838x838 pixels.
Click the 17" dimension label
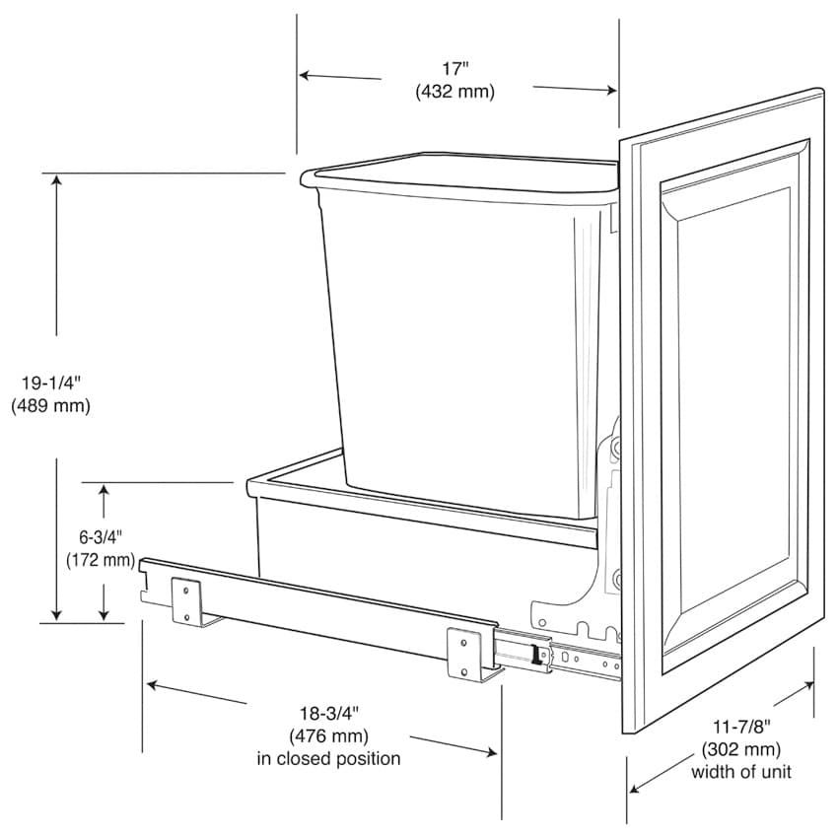point(454,69)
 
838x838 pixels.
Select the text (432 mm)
point(454,92)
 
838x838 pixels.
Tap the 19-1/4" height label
point(50,383)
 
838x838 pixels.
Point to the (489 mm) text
point(50,405)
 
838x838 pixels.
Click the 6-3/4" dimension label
point(101,536)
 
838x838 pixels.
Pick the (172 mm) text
point(101,560)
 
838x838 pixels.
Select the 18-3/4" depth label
point(328,713)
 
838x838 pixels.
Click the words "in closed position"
point(328,758)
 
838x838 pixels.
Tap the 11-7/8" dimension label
point(741,727)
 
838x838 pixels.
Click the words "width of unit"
point(741,772)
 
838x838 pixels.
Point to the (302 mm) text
point(741,749)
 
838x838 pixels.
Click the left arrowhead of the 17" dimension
point(305,75)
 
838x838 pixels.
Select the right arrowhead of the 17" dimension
point(611,91)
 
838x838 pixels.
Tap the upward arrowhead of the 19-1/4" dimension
point(56,180)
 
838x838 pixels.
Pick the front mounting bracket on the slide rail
point(466,655)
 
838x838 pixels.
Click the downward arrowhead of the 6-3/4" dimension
point(104,614)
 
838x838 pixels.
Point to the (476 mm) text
point(328,735)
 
